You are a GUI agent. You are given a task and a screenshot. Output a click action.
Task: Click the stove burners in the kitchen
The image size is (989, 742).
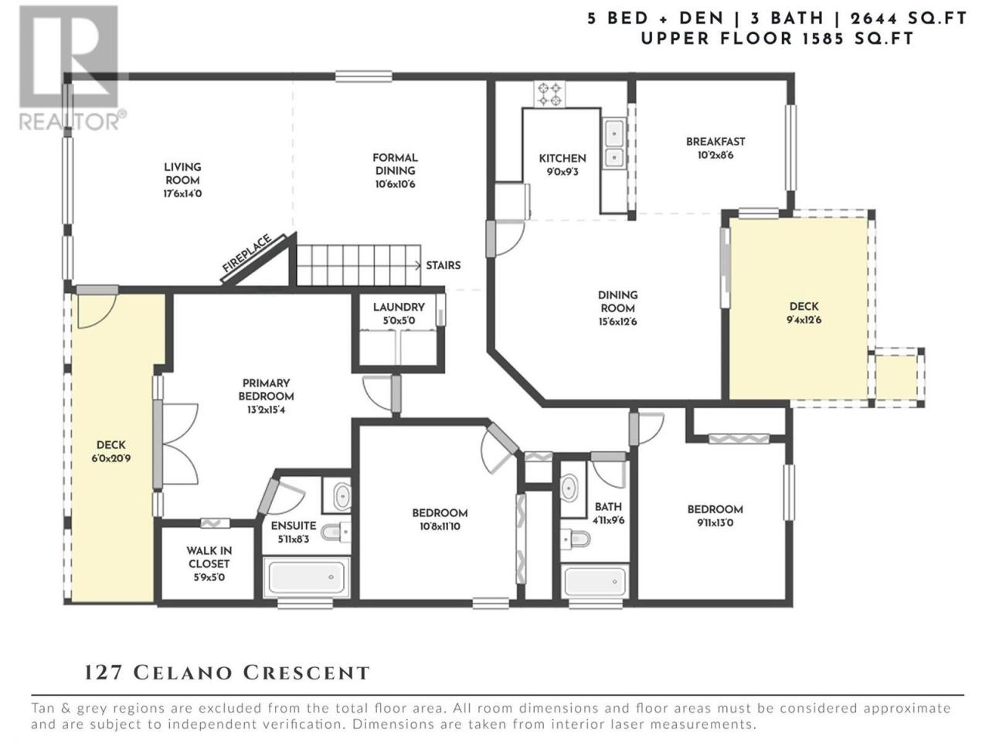pyautogui.click(x=549, y=94)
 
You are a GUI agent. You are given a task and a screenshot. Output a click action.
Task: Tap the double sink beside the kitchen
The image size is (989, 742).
pyautogui.click(x=613, y=143)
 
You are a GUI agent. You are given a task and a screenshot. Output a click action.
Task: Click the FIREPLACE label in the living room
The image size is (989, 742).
pyautogui.click(x=247, y=253)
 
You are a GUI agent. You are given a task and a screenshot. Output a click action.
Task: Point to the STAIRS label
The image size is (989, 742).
pyautogui.click(x=444, y=265)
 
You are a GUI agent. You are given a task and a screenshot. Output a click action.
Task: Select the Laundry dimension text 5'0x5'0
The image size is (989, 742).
pyautogui.click(x=399, y=321)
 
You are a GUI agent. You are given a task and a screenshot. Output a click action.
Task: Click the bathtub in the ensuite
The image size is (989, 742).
pyautogui.click(x=307, y=577)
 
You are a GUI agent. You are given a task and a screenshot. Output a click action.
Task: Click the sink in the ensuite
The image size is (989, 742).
pyautogui.click(x=342, y=495)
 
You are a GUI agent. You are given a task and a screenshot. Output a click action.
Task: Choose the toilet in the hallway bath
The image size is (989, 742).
pyautogui.click(x=576, y=538)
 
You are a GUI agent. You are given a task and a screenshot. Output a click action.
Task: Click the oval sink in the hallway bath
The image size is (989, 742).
pyautogui.click(x=569, y=488)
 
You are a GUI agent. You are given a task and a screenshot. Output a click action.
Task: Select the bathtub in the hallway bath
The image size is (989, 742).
pyautogui.click(x=595, y=581)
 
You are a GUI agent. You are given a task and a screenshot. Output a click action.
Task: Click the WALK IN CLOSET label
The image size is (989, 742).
pyautogui.click(x=209, y=557)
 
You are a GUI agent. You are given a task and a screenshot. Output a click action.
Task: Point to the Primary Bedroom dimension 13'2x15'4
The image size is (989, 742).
pyautogui.click(x=266, y=410)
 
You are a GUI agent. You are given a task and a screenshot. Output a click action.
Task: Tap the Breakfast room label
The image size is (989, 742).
pyautogui.click(x=715, y=141)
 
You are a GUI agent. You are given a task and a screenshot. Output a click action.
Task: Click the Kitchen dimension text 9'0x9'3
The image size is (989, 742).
pyautogui.click(x=562, y=172)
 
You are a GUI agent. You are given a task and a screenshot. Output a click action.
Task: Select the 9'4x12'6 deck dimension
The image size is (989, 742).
pyautogui.click(x=804, y=320)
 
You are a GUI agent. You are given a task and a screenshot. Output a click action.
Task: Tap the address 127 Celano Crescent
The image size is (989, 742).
pyautogui.click(x=226, y=672)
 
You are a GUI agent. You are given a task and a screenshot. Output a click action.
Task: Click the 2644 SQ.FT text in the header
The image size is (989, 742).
pyautogui.click(x=909, y=19)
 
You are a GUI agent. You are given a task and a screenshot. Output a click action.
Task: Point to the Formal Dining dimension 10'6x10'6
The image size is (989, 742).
pyautogui.click(x=395, y=184)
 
